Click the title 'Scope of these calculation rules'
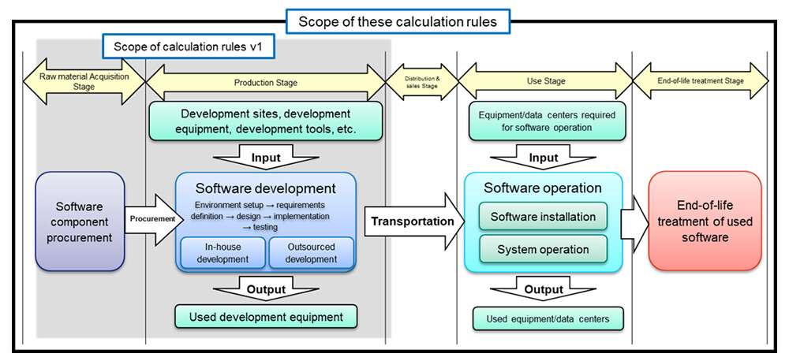[x=398, y=21]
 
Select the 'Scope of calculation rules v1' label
[x=189, y=47]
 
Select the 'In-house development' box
[x=222, y=253]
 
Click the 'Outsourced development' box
[x=311, y=253]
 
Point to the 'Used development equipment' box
[x=266, y=317]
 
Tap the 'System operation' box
[x=543, y=249]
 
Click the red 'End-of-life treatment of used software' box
[x=705, y=221]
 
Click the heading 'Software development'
[x=266, y=188]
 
